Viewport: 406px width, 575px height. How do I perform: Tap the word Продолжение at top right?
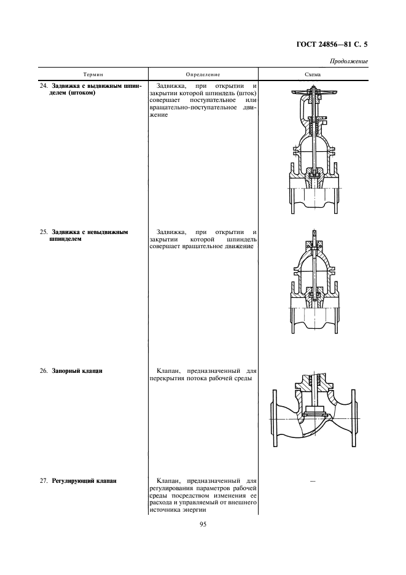(349, 61)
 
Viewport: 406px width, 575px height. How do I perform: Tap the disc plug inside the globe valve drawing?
(313, 410)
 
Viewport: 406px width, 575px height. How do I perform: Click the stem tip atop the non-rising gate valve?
(313, 234)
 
